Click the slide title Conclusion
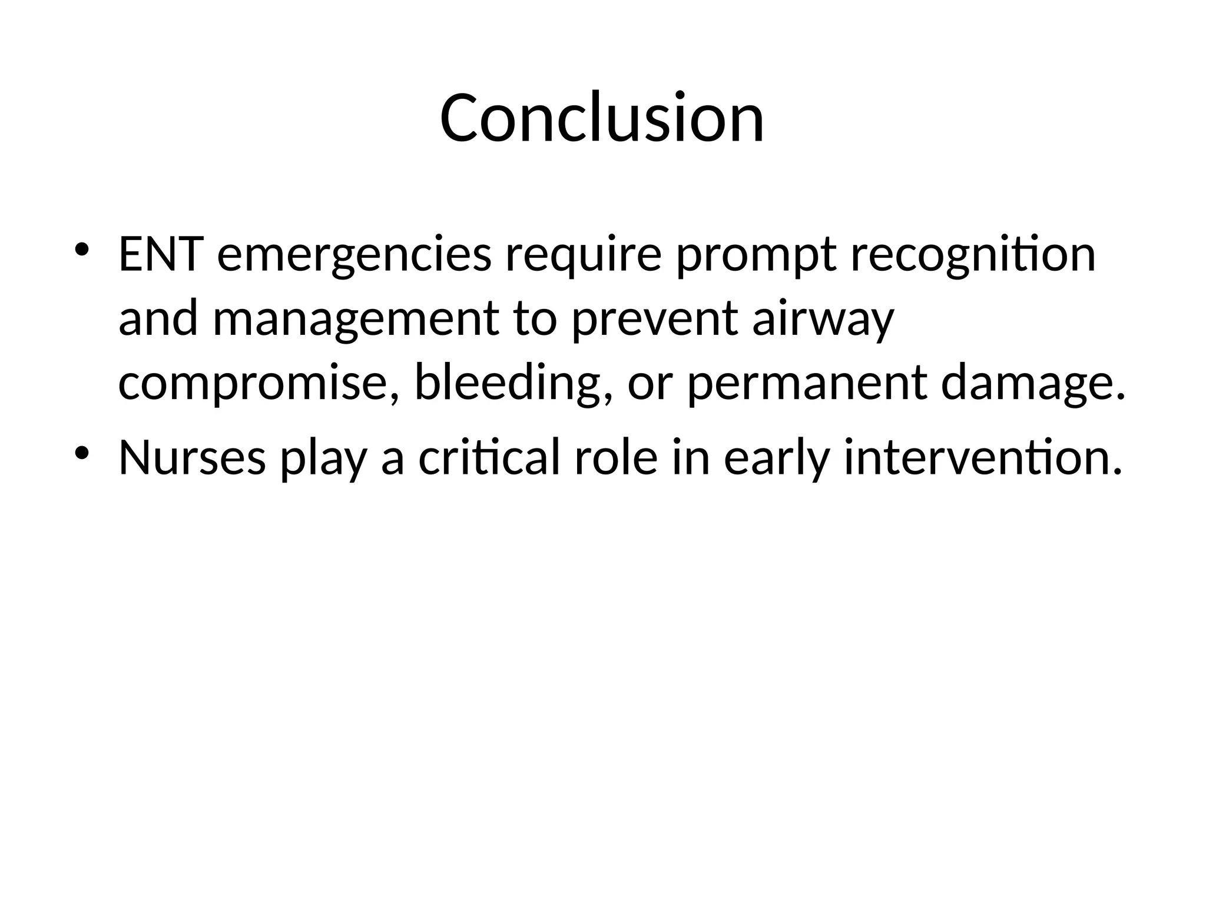[x=602, y=118]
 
